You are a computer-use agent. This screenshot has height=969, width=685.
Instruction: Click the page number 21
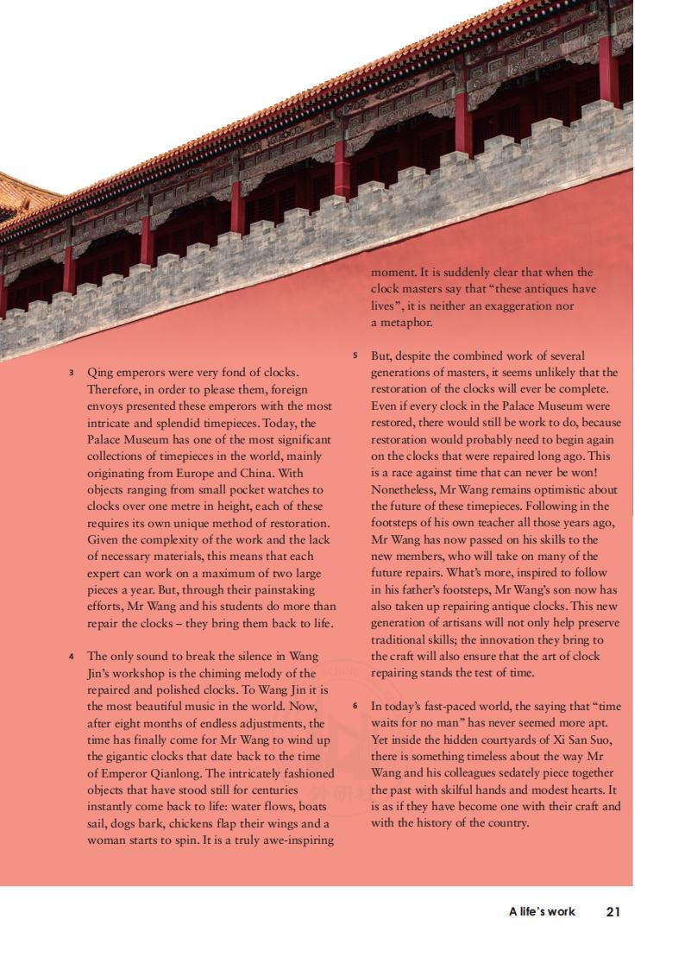613,911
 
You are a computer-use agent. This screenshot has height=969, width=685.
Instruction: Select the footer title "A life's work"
542,911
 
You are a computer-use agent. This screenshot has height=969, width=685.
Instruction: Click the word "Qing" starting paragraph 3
101,373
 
